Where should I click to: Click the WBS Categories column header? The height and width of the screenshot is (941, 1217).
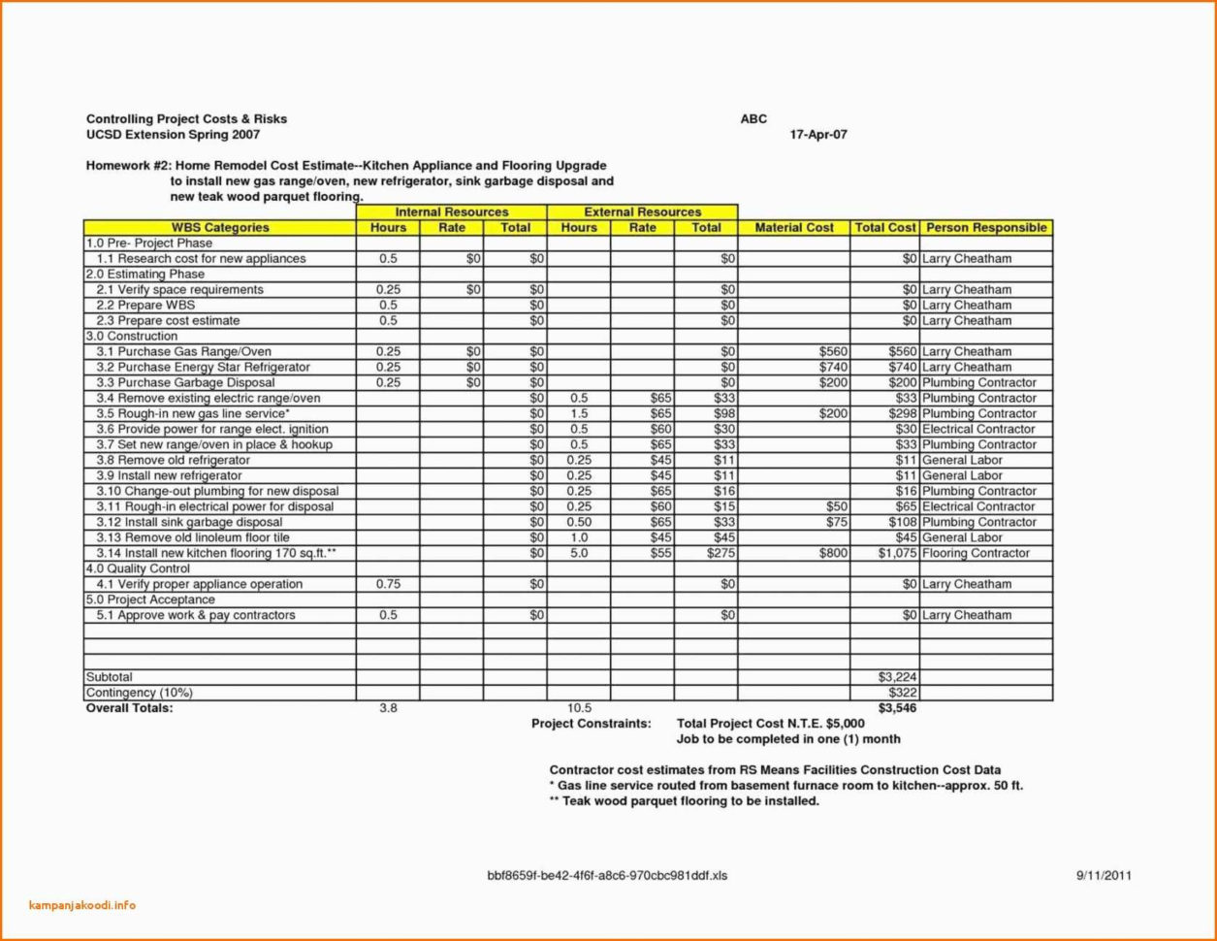pyautogui.click(x=220, y=228)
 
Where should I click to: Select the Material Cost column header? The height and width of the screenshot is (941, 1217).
pyautogui.click(x=793, y=228)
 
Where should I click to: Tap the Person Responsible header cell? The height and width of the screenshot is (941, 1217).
pyautogui.click(x=986, y=228)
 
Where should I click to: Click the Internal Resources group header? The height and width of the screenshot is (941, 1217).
pyautogui.click(x=451, y=212)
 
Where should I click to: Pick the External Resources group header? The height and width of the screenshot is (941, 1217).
pyautogui.click(x=642, y=212)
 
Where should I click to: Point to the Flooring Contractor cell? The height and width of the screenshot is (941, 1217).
pyautogui.click(x=976, y=553)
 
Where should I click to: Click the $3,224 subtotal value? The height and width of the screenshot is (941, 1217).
pyautogui.click(x=897, y=677)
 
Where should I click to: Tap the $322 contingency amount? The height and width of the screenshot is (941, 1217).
pyautogui.click(x=903, y=693)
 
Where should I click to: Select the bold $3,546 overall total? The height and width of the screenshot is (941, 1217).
pyautogui.click(x=897, y=708)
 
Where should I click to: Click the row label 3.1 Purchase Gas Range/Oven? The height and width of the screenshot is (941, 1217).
pyautogui.click(x=184, y=351)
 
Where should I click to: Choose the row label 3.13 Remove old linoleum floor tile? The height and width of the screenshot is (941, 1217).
pyautogui.click(x=193, y=537)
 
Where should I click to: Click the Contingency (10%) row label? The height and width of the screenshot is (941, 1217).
pyautogui.click(x=140, y=693)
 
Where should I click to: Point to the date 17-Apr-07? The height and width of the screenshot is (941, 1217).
pyautogui.click(x=819, y=135)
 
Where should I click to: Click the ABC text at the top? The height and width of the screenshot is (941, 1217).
pyautogui.click(x=753, y=119)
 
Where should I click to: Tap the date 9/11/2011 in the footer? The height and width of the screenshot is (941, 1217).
pyautogui.click(x=1104, y=875)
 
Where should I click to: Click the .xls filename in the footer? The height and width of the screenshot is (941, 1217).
pyautogui.click(x=606, y=875)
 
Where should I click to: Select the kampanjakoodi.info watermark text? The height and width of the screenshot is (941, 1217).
pyautogui.click(x=82, y=906)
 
